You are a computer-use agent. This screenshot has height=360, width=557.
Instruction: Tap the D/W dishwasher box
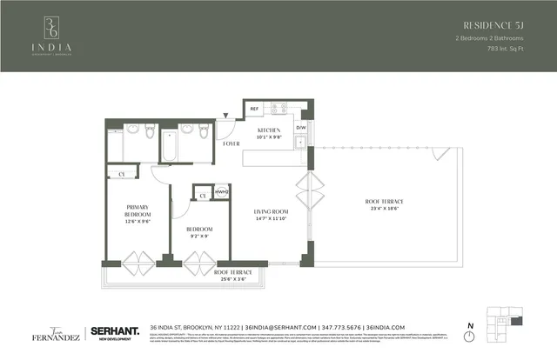click(x=301, y=128)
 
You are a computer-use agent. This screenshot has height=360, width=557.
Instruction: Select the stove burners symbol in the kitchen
click(x=278, y=109)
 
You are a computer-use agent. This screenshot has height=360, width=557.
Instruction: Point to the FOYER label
click(x=232, y=143)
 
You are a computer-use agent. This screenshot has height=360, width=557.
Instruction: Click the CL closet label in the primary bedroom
click(x=123, y=174)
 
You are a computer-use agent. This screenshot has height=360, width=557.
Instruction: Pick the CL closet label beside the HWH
click(x=201, y=197)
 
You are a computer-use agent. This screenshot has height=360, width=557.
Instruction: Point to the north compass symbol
click(x=470, y=337)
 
